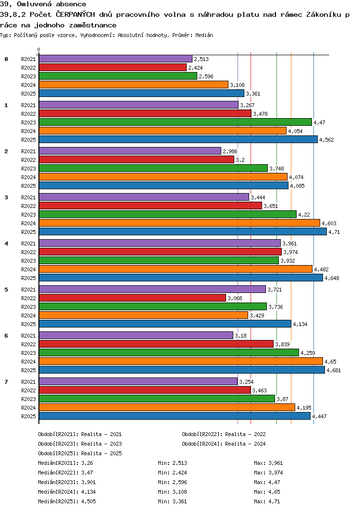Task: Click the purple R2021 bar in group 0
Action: coord(116,59)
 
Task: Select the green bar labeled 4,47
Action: coord(175,122)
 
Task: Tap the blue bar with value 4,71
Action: coord(183,231)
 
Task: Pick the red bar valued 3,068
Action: coord(132,298)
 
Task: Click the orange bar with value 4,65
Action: coord(181,361)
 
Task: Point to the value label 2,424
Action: coord(195,68)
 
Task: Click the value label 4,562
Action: coord(326,140)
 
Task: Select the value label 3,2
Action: coord(240,160)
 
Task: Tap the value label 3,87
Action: coord(282,399)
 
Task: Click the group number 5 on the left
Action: coord(6,290)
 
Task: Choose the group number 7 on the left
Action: coord(6,381)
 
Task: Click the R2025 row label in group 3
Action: coord(28,232)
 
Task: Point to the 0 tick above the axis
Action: coord(39,50)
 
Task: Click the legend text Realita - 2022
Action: coord(245,434)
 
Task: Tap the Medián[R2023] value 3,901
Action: coord(88,482)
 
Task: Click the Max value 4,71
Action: coord(274,501)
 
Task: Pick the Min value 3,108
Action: coord(180,492)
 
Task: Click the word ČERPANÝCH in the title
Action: coord(75,14)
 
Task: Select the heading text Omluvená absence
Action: coord(51,4)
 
